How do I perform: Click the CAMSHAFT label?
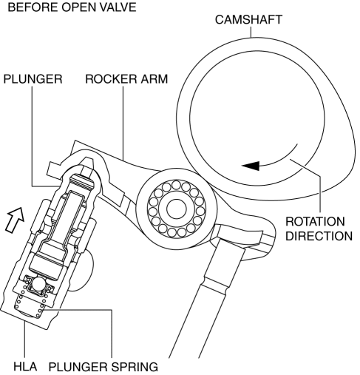(248, 20)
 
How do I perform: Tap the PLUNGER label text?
(33, 79)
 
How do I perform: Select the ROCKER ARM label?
(126, 79)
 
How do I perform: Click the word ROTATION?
(315, 222)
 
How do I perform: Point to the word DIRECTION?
(319, 236)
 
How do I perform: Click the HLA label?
(25, 366)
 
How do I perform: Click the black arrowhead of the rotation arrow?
(251, 166)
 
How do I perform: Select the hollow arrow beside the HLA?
(16, 220)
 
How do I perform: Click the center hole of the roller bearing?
(176, 209)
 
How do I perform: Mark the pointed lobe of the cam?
(350, 158)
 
